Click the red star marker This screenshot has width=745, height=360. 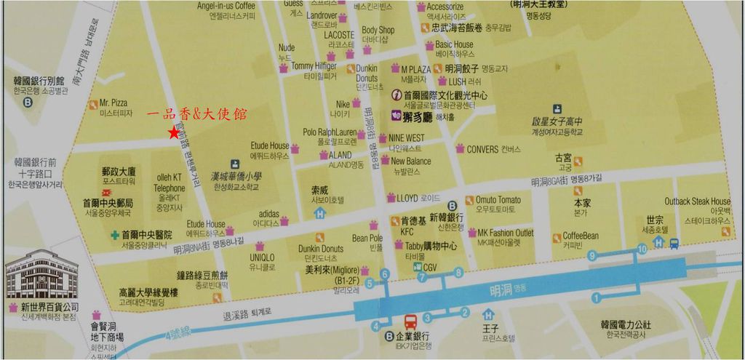(173, 132)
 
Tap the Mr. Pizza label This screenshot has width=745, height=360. (113, 103)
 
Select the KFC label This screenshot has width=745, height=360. (407, 231)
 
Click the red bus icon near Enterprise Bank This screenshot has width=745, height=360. (410, 320)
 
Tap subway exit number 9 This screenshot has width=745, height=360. (592, 255)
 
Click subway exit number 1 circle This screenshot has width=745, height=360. (596, 297)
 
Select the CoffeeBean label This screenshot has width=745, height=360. (581, 236)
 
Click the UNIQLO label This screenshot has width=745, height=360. (262, 257)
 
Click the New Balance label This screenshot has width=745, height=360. (410, 161)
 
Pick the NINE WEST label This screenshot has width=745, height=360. (406, 137)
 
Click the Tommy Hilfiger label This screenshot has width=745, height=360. (314, 65)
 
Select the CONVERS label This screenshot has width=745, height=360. (483, 150)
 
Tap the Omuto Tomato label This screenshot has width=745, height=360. (498, 200)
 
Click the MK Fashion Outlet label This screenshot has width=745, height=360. (505, 233)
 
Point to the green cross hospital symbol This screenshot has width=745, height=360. (115, 235)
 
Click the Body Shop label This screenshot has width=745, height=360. (378, 31)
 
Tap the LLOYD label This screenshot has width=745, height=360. (407, 197)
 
